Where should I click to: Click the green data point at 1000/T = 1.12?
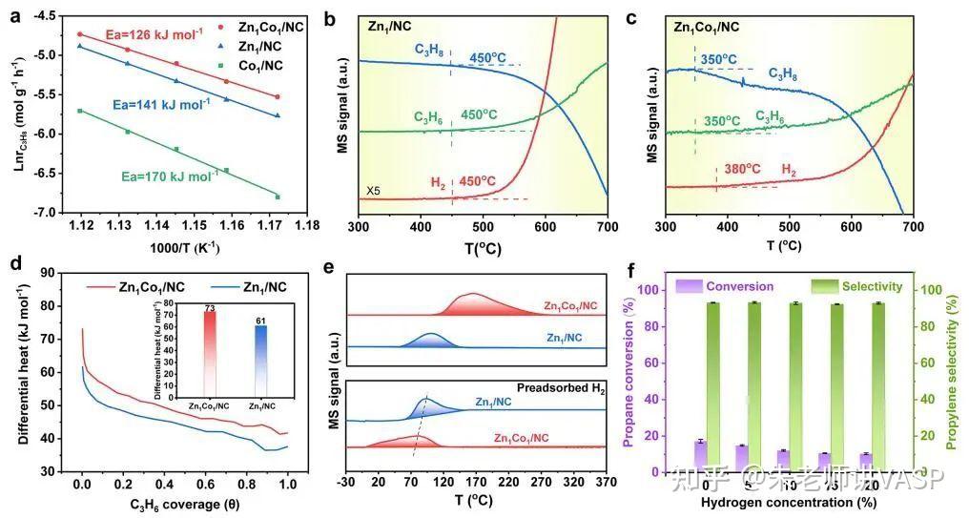(80, 111)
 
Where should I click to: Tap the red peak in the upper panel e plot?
(473, 302)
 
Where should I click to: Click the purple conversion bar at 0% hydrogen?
(700, 455)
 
